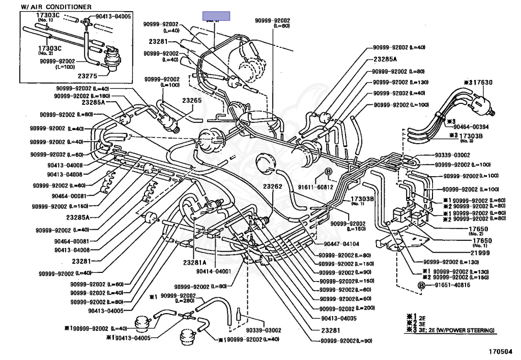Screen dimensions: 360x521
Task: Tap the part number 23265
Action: [x=192, y=101]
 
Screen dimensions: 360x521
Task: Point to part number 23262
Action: [x=273, y=186]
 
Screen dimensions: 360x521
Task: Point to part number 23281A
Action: [x=194, y=263]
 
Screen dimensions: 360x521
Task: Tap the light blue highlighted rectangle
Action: [x=216, y=16]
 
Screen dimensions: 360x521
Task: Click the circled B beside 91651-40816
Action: [x=421, y=286]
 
